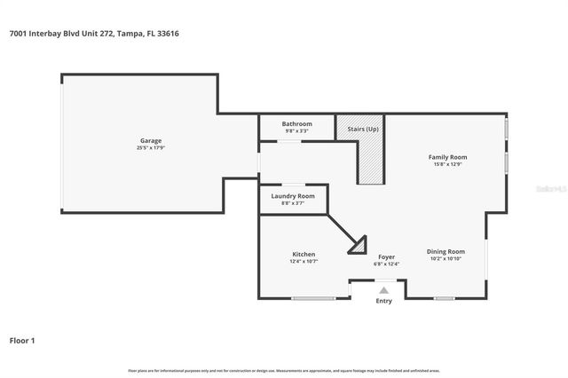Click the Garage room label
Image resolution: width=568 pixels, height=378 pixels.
point(150,140)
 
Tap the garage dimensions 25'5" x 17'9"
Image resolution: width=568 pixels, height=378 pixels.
point(150,147)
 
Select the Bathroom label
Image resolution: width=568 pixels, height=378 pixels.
point(296,123)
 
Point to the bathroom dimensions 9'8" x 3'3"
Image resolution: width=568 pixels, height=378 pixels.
point(296,130)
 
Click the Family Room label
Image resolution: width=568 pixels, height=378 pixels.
point(448,157)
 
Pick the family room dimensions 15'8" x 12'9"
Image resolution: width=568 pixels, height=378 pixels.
point(448,164)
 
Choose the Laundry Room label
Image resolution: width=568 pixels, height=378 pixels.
point(293,196)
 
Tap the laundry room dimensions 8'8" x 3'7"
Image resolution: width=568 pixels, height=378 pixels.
point(293,203)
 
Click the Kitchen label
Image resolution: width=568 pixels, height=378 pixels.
point(304,254)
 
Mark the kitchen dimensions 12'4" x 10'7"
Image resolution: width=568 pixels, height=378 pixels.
point(304,261)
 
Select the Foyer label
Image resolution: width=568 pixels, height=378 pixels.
point(386,256)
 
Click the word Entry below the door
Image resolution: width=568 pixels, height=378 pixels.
point(383,301)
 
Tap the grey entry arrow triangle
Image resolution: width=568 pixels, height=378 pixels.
point(383,289)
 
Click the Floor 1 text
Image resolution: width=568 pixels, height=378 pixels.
point(22,340)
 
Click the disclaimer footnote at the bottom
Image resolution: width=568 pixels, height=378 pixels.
point(284,370)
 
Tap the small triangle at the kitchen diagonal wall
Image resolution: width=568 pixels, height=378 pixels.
point(359,241)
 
